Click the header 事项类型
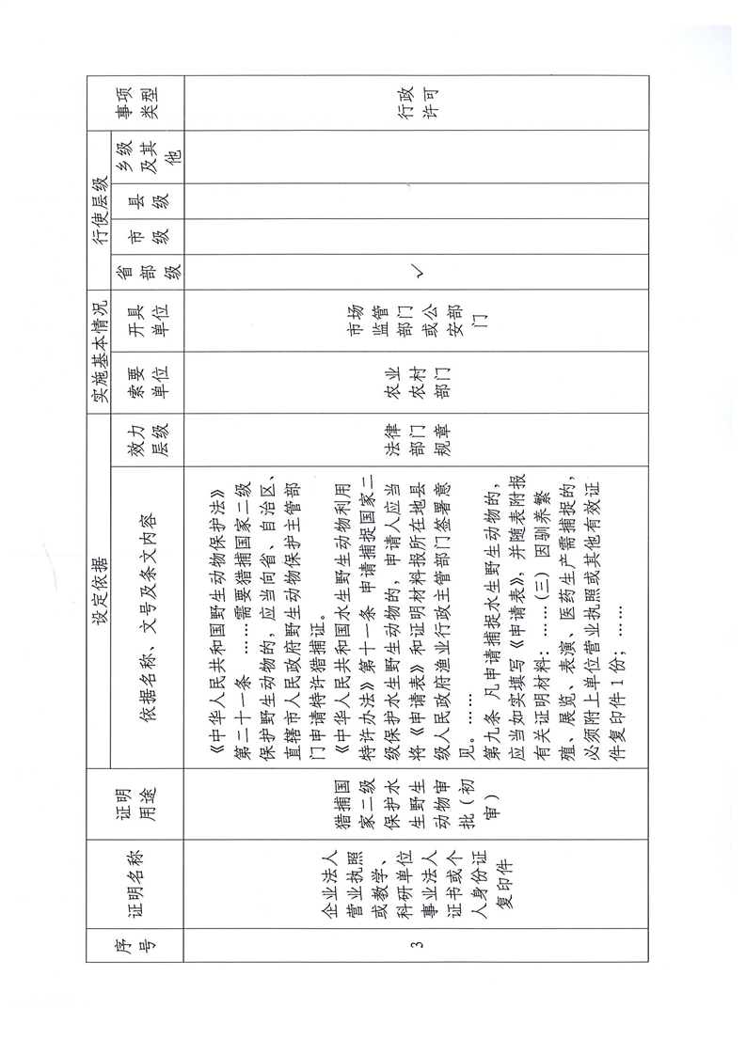point(138,104)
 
